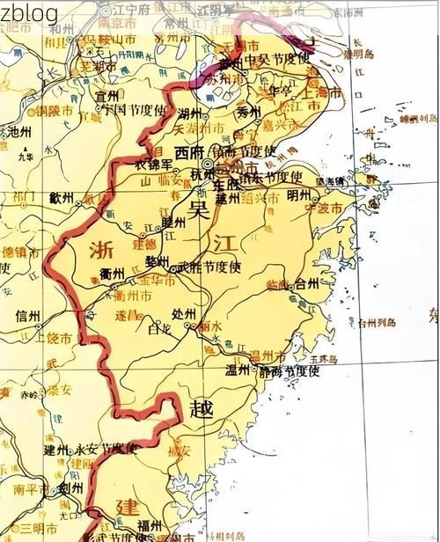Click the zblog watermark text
click(29, 12)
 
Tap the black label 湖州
click(189, 114)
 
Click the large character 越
click(202, 407)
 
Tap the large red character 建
click(128, 507)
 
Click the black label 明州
click(299, 195)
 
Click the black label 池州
click(18, 131)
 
